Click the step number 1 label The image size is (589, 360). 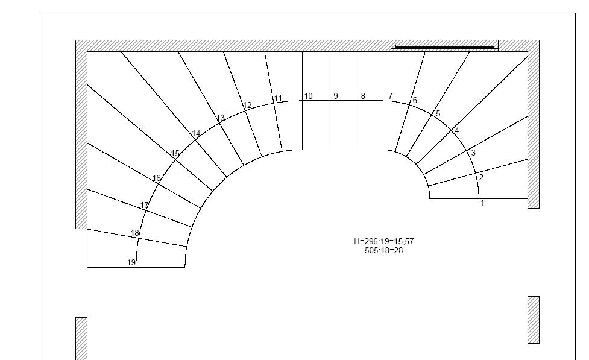[483, 203]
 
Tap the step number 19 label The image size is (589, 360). [131, 263]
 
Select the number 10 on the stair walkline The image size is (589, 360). [309, 96]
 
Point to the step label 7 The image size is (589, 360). [390, 96]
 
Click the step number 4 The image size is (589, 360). [457, 131]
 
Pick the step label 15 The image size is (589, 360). [175, 154]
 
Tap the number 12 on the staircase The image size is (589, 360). [248, 105]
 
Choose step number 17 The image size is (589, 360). [145, 206]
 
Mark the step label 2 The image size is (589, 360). [481, 178]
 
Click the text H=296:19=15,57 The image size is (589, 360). [383, 241]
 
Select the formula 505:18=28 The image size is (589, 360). [383, 251]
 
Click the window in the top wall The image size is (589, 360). [445, 46]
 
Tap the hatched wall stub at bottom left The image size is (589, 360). [81, 338]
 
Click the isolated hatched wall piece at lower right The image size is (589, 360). [534, 320]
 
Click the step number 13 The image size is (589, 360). [221, 118]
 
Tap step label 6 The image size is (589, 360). [415, 100]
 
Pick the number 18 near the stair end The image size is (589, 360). [135, 233]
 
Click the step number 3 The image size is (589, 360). [473, 153]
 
